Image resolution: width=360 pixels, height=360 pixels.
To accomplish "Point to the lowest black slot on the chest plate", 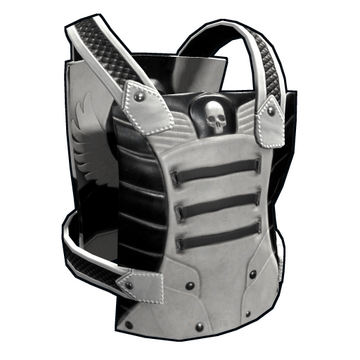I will coord(217,235).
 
